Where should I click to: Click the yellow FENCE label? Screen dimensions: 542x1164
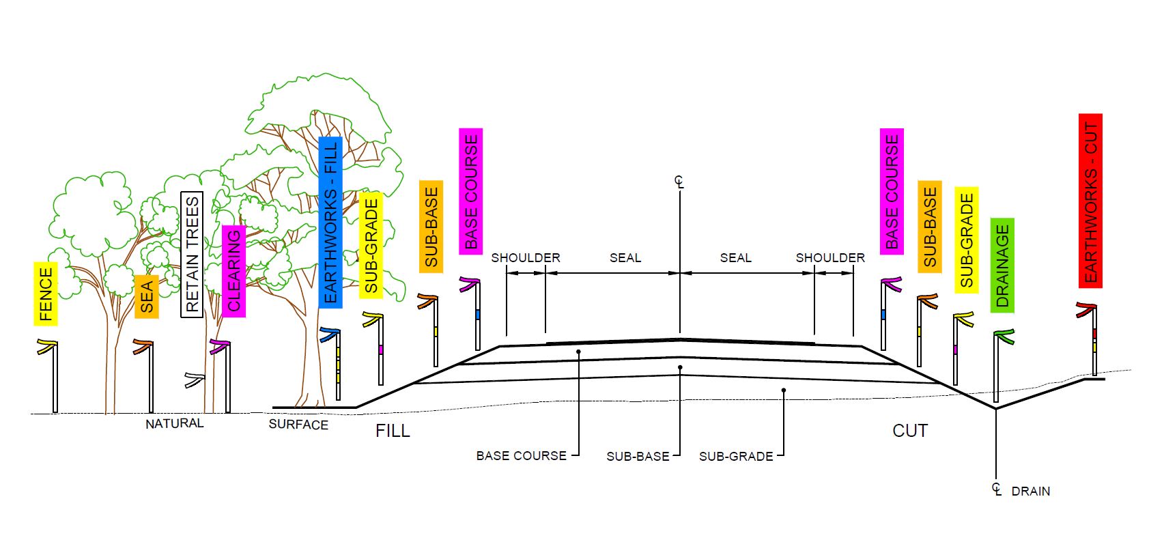[46, 294]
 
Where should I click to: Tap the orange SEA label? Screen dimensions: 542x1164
[147, 296]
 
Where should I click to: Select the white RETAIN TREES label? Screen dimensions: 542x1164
[192, 254]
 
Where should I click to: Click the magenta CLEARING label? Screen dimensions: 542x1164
[233, 270]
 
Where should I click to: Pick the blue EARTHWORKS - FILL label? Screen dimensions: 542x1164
[330, 222]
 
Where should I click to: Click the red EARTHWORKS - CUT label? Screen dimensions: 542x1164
[1090, 201]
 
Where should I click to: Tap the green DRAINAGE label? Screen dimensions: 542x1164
[1002, 266]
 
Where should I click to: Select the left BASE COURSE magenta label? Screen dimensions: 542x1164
[471, 191]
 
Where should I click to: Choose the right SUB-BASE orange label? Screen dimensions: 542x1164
[930, 227]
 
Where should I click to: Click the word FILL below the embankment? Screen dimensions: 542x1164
[393, 431]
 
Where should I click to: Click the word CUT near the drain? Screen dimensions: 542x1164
[910, 431]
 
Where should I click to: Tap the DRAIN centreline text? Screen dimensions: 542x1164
[1030, 491]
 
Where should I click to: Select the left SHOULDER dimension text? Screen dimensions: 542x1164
[526, 257]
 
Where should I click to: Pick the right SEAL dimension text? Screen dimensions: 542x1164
[735, 257]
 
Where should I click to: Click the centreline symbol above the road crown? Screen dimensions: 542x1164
[679, 182]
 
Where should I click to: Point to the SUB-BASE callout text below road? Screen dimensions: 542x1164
[638, 456]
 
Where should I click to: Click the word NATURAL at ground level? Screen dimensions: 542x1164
[174, 423]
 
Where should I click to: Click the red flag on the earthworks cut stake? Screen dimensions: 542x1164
[1086, 308]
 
